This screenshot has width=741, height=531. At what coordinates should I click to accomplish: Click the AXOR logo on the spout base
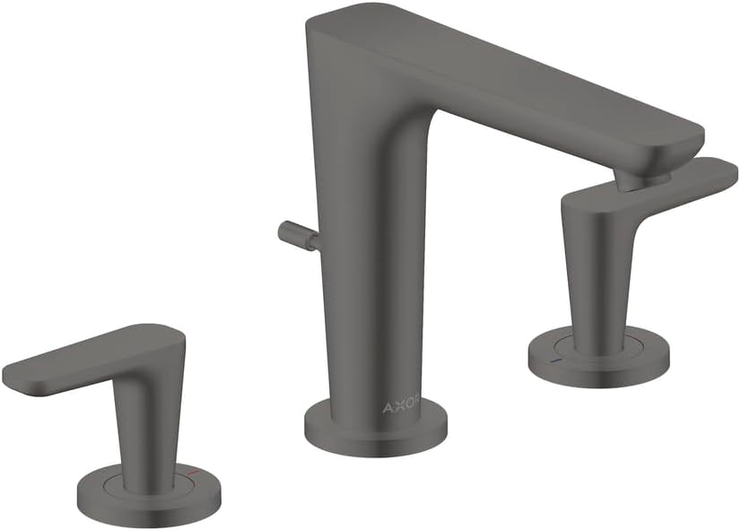pos(401,407)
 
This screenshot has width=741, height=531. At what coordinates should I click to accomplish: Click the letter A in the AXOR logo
pos(388,407)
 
